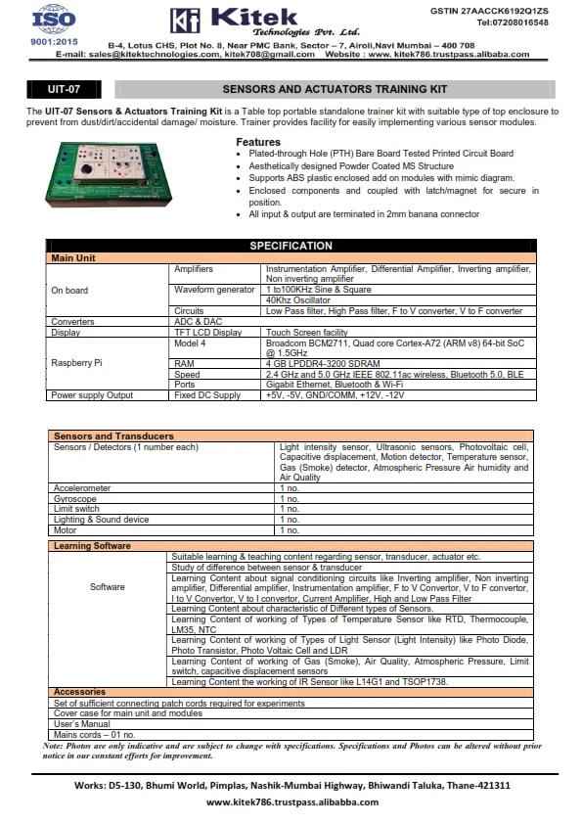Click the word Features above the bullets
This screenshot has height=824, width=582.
(x=257, y=142)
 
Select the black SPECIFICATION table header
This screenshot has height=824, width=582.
(x=291, y=246)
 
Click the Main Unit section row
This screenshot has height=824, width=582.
(x=73, y=257)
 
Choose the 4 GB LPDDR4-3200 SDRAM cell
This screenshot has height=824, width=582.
(x=318, y=363)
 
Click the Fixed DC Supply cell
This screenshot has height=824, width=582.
(x=206, y=394)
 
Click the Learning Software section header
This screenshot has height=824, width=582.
(x=92, y=545)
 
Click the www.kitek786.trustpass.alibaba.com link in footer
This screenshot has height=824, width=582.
(x=291, y=801)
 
